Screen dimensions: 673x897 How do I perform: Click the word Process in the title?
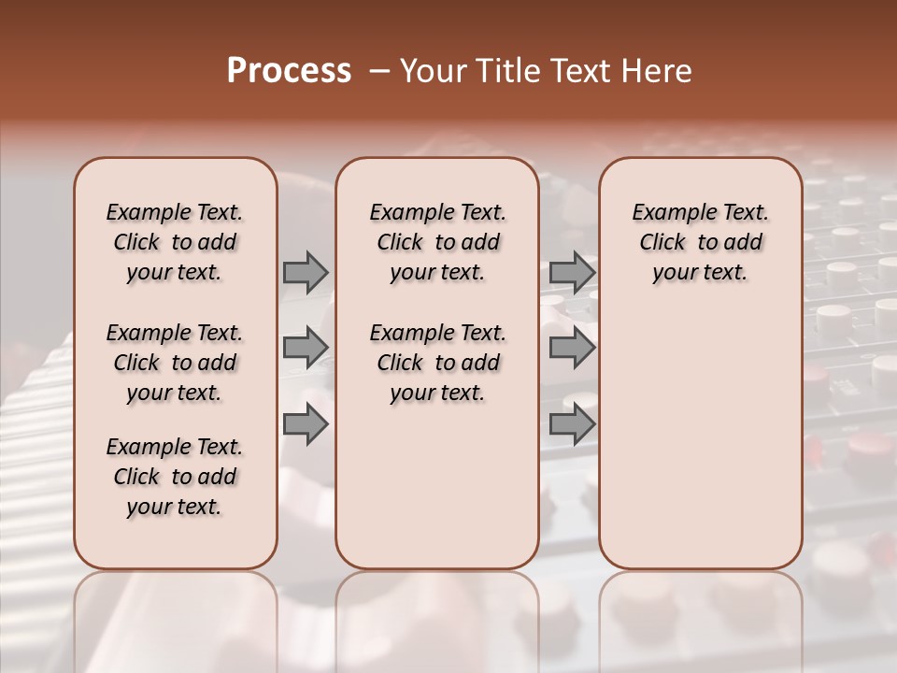pyautogui.click(x=289, y=70)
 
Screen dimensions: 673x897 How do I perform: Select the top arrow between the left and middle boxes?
pyautogui.click(x=306, y=273)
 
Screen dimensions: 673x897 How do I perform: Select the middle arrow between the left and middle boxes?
pyautogui.click(x=306, y=348)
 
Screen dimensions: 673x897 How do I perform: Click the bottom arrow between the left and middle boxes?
pyautogui.click(x=306, y=425)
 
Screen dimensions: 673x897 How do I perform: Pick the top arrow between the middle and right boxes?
pyautogui.click(x=572, y=273)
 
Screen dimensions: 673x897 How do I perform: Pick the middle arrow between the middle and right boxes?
pyautogui.click(x=572, y=348)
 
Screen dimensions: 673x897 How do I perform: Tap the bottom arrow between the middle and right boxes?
pyautogui.click(x=572, y=425)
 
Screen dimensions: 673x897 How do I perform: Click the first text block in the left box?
pyautogui.click(x=175, y=242)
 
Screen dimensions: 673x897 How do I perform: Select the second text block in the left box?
pyautogui.click(x=175, y=363)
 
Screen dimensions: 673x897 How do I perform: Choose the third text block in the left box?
pyautogui.click(x=175, y=477)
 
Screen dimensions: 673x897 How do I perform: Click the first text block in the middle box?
pyautogui.click(x=437, y=242)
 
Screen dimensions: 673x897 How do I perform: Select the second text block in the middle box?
pyautogui.click(x=437, y=363)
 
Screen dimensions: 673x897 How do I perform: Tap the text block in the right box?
pyautogui.click(x=700, y=242)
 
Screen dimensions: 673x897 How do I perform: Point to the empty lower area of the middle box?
pyautogui.click(x=437, y=486)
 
